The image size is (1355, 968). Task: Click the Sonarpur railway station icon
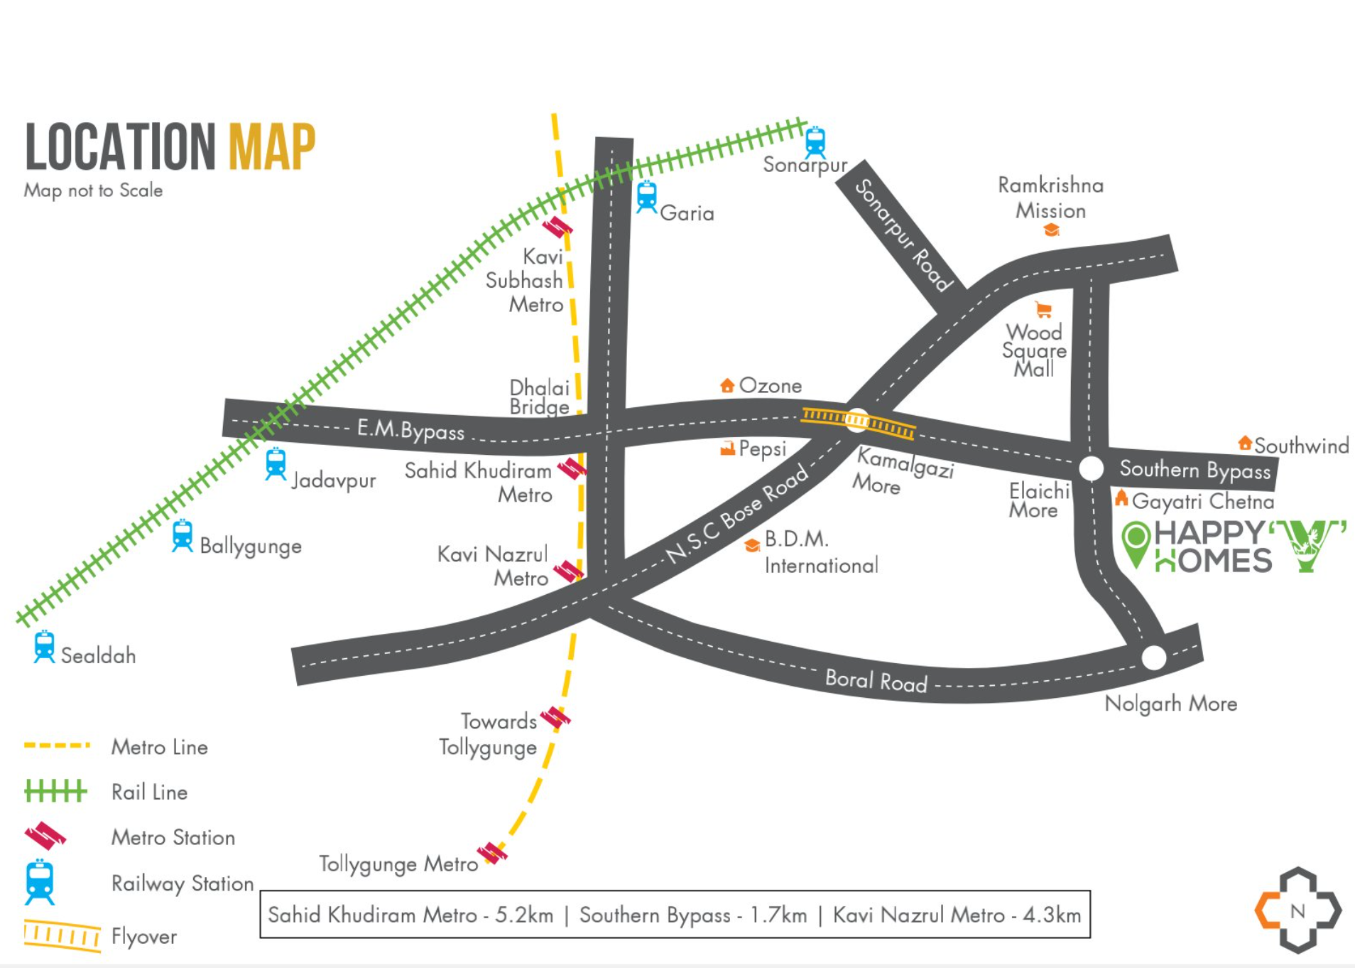[815, 142]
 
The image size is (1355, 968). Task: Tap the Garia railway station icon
[646, 197]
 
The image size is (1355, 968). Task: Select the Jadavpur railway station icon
[276, 464]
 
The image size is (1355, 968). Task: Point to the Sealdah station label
[98, 655]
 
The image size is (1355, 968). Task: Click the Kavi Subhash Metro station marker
[557, 227]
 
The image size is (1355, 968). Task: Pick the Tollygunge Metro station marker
[492, 852]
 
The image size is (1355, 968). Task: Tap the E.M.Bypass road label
[410, 429]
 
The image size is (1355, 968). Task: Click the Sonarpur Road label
[902, 235]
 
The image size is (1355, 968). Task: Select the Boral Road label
[876, 680]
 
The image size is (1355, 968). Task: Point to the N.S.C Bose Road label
[736, 513]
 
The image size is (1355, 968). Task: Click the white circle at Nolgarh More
[1153, 657]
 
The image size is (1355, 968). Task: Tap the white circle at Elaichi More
[1091, 468]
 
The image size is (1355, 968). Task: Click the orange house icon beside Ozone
[727, 385]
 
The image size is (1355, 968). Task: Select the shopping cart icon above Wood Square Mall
[1043, 309]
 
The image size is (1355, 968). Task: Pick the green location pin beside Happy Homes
[1136, 544]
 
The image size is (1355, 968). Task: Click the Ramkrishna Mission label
[1050, 198]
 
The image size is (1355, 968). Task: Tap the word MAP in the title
[272, 146]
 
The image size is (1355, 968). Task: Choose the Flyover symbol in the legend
[62, 935]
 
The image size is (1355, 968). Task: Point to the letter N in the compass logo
[1297, 910]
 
